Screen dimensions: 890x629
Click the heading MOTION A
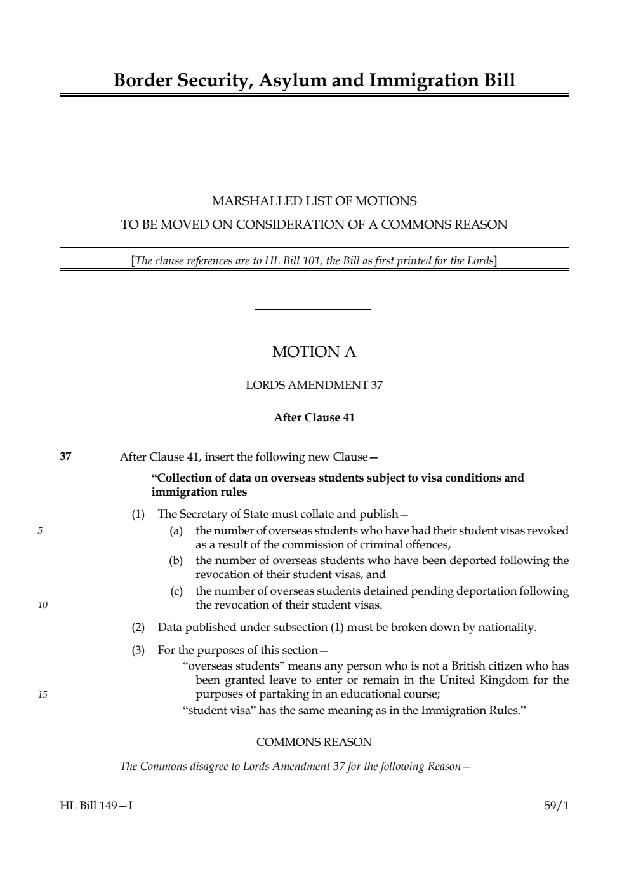[x=314, y=352]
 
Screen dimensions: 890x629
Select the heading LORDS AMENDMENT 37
[x=314, y=385]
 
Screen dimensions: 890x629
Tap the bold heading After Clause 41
[x=314, y=418]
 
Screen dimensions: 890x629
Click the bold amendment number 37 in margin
[x=65, y=456]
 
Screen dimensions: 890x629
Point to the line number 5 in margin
[x=40, y=531]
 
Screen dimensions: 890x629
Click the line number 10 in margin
[x=43, y=605]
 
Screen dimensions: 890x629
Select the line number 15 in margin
[x=43, y=694]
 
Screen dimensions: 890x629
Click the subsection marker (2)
[x=138, y=628]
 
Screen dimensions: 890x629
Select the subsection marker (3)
[x=138, y=650]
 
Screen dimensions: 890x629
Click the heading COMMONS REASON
[x=314, y=742]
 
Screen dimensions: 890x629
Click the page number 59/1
[x=557, y=806]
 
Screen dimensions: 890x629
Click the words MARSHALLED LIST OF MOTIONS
[x=314, y=201]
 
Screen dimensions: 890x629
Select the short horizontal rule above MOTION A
[x=312, y=310]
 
